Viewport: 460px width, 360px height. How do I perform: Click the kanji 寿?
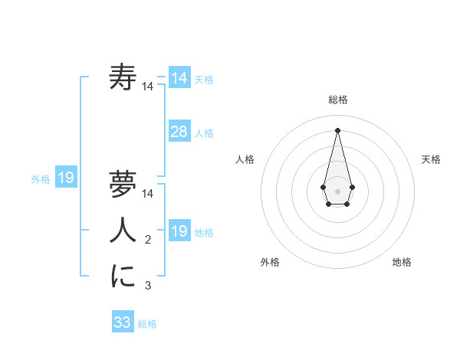click(123, 77)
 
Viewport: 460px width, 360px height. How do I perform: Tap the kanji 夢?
click(123, 184)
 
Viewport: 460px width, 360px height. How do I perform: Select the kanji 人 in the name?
click(123, 231)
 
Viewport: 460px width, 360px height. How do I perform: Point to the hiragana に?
click(123, 277)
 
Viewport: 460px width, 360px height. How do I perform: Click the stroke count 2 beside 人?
click(148, 241)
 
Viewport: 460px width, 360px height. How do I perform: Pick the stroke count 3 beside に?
click(148, 286)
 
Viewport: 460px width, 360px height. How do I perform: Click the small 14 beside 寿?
click(148, 87)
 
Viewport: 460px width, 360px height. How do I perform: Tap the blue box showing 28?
click(179, 132)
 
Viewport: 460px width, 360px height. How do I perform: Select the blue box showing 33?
click(123, 322)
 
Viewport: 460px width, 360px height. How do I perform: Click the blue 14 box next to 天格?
click(179, 78)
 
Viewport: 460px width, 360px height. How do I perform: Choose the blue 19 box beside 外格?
click(66, 178)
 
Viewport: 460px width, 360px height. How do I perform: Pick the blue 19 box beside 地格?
click(179, 231)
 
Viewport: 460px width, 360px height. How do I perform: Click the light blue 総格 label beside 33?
click(147, 324)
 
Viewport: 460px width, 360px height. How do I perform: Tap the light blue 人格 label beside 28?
click(204, 133)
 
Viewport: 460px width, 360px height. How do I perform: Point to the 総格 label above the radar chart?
click(338, 100)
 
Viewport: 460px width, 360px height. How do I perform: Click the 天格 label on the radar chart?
click(432, 159)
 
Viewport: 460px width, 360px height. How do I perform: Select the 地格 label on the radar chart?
click(402, 262)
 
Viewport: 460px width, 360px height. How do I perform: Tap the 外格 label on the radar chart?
click(270, 262)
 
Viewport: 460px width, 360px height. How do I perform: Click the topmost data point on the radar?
click(338, 130)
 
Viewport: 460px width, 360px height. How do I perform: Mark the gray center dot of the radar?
click(338, 191)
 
